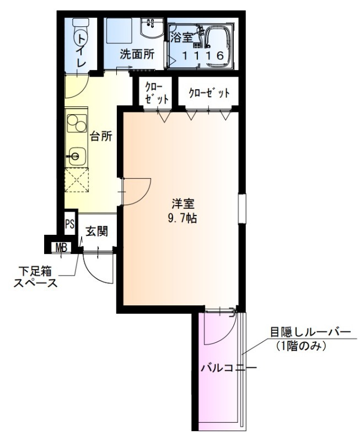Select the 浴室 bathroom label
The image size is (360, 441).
(x=181, y=38)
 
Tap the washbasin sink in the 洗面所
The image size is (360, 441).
(x=149, y=27)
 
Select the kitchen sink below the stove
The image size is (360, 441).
(x=75, y=157)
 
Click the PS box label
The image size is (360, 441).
(x=69, y=224)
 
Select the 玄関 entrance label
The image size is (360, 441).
(x=96, y=231)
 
